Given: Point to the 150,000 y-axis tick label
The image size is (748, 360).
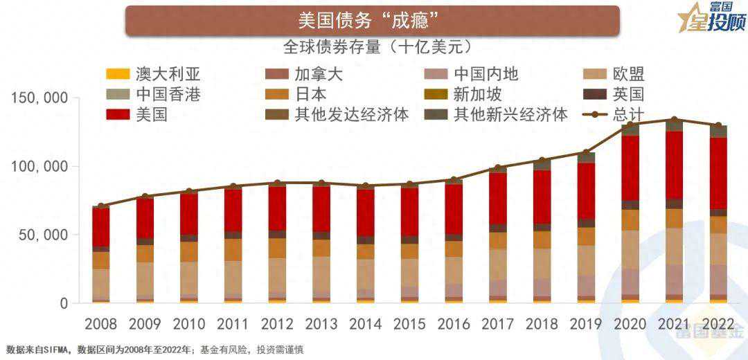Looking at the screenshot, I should [x=40, y=99].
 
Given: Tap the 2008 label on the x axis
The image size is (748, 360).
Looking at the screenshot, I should [x=101, y=324].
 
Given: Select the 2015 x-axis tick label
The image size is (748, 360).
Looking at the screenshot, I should [x=409, y=324].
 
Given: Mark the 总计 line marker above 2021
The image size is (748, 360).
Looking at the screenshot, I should [x=674, y=120].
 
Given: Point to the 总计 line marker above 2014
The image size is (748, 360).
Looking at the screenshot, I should [x=366, y=186].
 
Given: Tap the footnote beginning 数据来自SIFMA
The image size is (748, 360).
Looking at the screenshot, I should [x=155, y=350].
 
